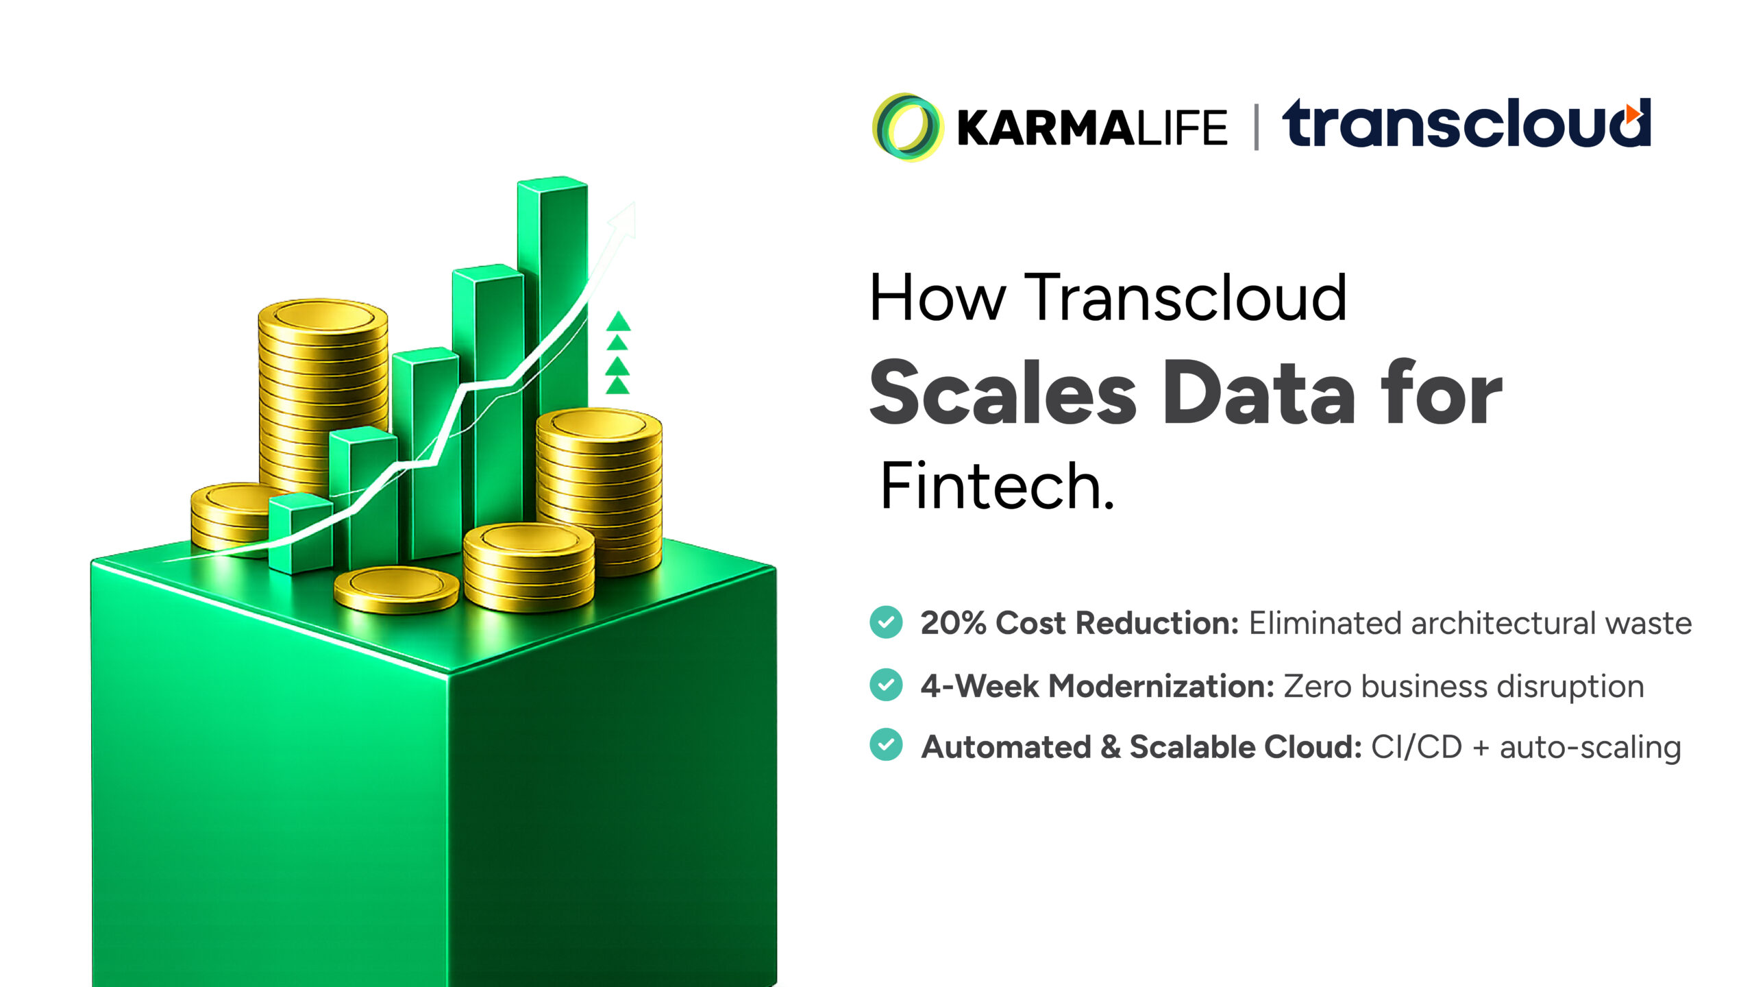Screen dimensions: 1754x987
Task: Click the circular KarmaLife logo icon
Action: (x=907, y=127)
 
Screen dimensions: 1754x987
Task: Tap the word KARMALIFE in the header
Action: (x=1092, y=128)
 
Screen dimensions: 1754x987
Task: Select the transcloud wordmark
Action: (x=1467, y=123)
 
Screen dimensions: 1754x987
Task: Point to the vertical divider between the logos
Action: (x=1256, y=127)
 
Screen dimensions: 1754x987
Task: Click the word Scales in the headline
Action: (x=1003, y=393)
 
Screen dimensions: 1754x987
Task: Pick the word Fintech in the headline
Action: (x=997, y=486)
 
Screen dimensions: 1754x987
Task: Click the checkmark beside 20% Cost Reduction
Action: (x=886, y=622)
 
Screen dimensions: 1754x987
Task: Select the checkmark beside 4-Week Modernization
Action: (x=886, y=685)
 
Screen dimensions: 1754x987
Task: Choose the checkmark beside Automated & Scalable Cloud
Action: (x=886, y=745)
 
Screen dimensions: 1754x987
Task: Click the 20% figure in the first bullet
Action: (x=953, y=623)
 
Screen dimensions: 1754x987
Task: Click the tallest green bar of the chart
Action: (x=553, y=343)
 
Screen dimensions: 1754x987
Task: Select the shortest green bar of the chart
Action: (x=301, y=533)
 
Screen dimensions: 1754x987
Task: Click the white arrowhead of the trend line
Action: (x=623, y=220)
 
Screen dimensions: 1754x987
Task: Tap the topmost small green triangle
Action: (x=618, y=321)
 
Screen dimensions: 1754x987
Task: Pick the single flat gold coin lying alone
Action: (x=397, y=589)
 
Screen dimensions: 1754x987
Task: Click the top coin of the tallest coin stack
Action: (x=323, y=317)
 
